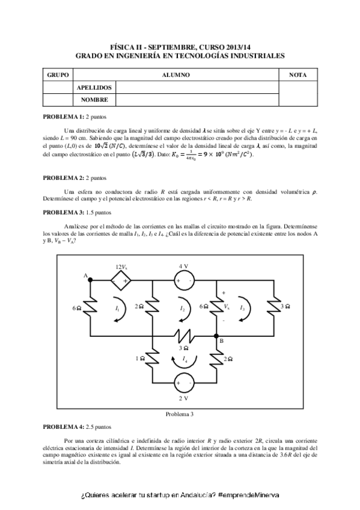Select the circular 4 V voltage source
pos(183,280)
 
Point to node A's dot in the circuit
pos(91,278)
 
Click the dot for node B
pos(218,336)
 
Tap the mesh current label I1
pos(117,308)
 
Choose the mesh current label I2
pos(182,308)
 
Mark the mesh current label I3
pos(242,308)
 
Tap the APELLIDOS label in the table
pos(94,88)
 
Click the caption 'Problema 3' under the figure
pos(180,414)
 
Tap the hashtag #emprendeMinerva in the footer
pos(248,494)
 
